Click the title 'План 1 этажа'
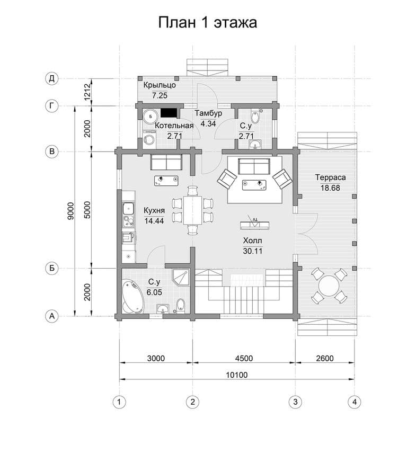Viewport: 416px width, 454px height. pyautogui.click(x=207, y=22)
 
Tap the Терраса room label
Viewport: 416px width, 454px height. pyautogui.click(x=330, y=177)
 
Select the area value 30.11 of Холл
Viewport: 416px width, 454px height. pyautogui.click(x=253, y=251)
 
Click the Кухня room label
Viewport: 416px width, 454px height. pyautogui.click(x=154, y=210)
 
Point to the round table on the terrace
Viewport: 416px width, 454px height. pyautogui.click(x=329, y=286)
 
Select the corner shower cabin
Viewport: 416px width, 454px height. pyautogui.click(x=181, y=277)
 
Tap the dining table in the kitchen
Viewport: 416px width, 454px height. pyautogui.click(x=193, y=210)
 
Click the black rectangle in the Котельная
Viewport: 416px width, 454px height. pyautogui.click(x=169, y=113)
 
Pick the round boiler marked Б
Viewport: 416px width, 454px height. pyautogui.click(x=151, y=117)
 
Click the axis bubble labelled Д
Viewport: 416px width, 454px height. pyautogui.click(x=52, y=78)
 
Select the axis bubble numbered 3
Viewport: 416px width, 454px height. pyautogui.click(x=295, y=402)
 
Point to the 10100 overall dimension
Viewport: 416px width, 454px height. pyautogui.click(x=237, y=375)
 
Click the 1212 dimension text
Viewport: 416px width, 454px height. pyautogui.click(x=87, y=92)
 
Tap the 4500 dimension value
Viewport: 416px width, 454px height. pyautogui.click(x=244, y=359)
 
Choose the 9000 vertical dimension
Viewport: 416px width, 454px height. pyautogui.click(x=70, y=211)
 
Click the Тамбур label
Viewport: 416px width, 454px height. pyautogui.click(x=208, y=113)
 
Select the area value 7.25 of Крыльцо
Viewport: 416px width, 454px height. pyautogui.click(x=160, y=95)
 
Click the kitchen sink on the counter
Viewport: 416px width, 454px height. pyautogui.click(x=128, y=208)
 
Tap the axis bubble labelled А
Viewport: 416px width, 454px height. pyautogui.click(x=52, y=316)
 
